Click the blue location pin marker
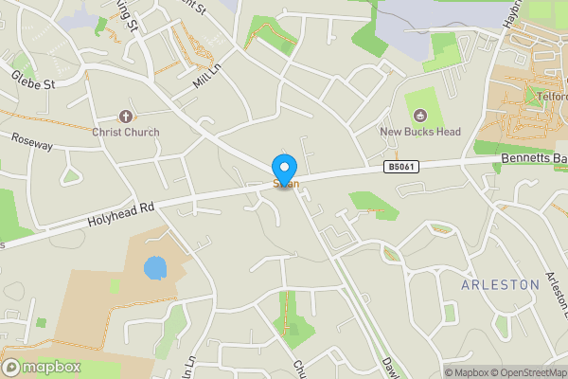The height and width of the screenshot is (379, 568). (x=283, y=170)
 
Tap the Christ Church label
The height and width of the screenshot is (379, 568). (x=126, y=132)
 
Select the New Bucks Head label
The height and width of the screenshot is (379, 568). (x=420, y=132)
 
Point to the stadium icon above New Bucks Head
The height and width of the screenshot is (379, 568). (x=420, y=116)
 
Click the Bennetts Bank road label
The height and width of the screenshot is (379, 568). (x=533, y=159)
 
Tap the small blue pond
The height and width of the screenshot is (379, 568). (x=154, y=267)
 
